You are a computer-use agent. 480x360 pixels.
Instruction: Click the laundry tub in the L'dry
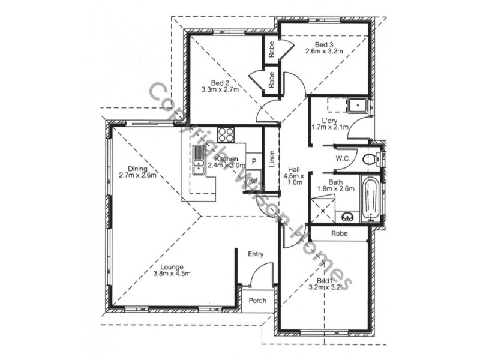(359, 106)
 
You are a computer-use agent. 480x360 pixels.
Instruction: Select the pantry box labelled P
(254, 161)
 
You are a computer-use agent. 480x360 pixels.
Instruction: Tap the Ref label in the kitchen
(253, 179)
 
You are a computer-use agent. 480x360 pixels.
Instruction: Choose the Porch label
(257, 300)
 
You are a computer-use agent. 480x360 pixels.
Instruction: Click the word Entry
(256, 254)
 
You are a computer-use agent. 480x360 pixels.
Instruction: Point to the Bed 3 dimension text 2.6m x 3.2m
(323, 52)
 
